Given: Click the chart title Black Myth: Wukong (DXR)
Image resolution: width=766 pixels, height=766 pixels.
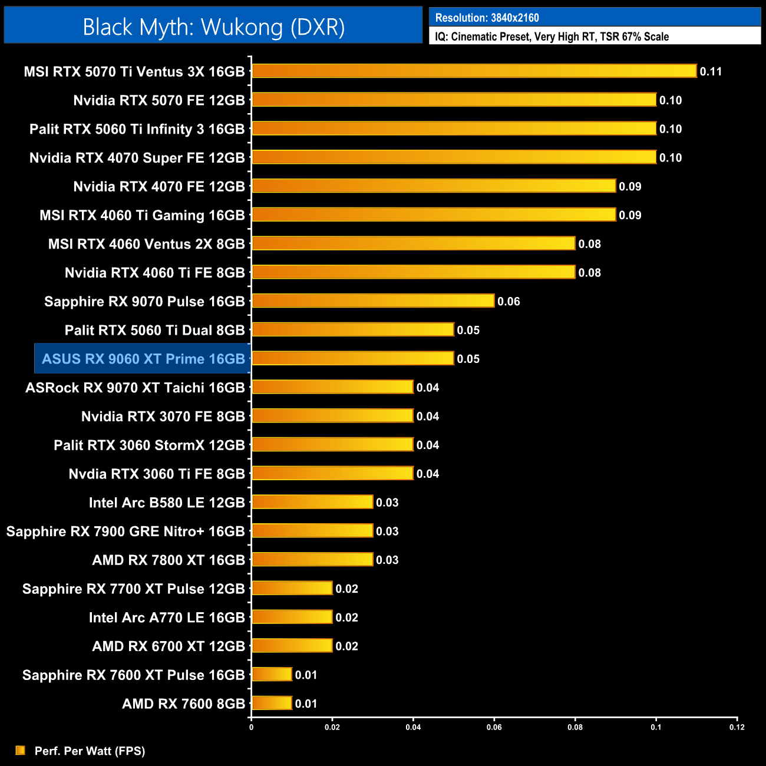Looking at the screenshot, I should pos(213,27).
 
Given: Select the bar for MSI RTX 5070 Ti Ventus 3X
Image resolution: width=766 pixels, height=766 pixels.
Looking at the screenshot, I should pos(474,71).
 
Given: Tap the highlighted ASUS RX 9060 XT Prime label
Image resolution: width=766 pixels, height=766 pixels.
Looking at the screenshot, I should pos(143,359).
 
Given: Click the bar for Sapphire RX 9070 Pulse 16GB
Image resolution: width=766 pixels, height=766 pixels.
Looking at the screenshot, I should pos(372,301).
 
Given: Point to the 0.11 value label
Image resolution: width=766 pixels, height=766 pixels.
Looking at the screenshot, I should pos(711,72).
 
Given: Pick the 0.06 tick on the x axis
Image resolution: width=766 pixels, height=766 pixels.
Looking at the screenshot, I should pos(494,727).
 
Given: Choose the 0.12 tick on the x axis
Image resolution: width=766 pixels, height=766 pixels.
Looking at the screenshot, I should pos(737,727).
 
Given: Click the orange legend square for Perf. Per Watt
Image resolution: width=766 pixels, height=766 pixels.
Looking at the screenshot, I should pos(21,750).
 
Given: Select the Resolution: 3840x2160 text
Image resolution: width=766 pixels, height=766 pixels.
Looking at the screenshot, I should pos(487,18).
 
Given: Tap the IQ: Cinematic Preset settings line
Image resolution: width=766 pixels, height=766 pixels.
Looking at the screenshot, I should pos(552,37).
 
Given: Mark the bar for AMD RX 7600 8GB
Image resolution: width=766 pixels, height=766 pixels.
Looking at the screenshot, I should pos(272,704).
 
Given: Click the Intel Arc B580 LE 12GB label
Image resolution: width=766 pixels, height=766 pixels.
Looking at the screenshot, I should pos(167,503).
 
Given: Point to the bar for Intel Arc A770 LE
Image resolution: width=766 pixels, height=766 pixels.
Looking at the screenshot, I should pos(292,617).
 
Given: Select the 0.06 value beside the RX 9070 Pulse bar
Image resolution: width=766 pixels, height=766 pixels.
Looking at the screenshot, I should pos(509,302).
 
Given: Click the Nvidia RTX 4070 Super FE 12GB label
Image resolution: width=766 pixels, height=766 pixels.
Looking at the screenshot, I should pos(137,158).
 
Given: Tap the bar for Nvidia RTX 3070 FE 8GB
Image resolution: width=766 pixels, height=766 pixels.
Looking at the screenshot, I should pos(332,416).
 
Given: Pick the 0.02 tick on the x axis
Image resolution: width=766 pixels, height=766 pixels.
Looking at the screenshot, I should pos(332,727).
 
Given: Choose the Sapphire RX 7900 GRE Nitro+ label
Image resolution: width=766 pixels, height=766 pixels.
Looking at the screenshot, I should pos(126,531).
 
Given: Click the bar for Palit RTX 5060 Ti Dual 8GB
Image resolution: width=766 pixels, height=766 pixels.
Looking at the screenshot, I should pos(352,330).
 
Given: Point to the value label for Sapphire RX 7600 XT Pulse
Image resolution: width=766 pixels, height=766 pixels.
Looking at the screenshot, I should pos(306,675).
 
